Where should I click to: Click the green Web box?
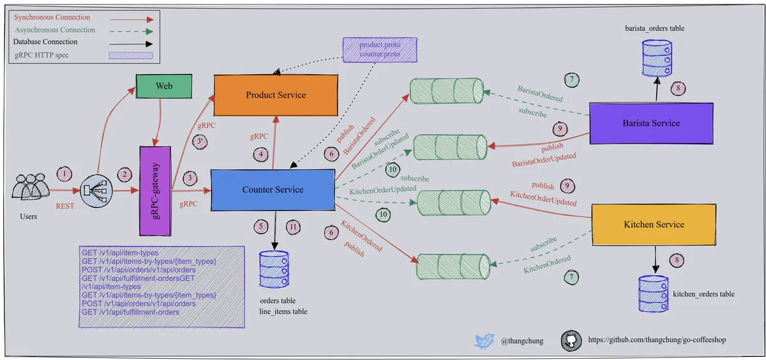tap(164, 86)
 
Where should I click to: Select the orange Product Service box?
tap(276, 95)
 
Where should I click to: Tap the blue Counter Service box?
tap(273, 190)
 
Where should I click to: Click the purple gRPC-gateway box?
tap(155, 191)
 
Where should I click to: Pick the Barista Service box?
tap(651, 123)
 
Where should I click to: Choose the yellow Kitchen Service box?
tap(654, 225)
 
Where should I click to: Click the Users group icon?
tap(30, 186)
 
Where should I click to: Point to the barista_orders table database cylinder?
tap(657, 58)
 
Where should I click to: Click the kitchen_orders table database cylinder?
tap(653, 294)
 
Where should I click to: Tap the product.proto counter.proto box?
tap(380, 50)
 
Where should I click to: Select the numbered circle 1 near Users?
tap(64, 174)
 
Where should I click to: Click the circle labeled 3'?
tap(200, 142)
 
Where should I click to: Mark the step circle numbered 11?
tap(293, 227)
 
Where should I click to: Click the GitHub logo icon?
tap(571, 340)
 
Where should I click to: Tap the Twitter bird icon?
tap(484, 341)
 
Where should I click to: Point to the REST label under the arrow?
tap(65, 206)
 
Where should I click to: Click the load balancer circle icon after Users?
tap(96, 191)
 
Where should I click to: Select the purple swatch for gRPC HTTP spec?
tap(131, 56)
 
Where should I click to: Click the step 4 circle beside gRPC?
tap(260, 155)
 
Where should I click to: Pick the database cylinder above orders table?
tap(274, 270)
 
